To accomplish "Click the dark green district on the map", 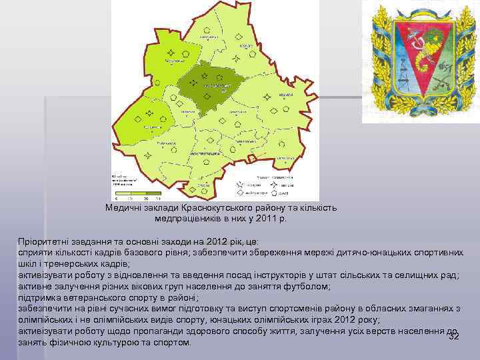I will (210, 87).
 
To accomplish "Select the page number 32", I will (453, 336).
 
